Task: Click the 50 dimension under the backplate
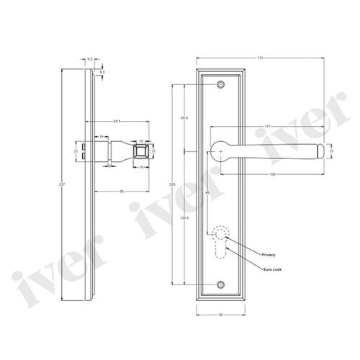click(221, 315)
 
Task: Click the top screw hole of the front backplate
click(220, 86)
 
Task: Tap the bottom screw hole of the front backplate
click(220, 285)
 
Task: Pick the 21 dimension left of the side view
click(76, 152)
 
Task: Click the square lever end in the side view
click(143, 152)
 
